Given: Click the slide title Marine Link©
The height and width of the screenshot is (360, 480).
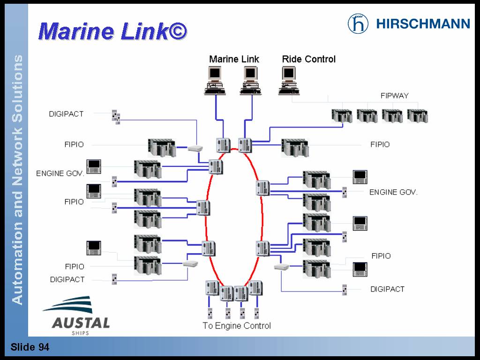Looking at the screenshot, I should [113, 31].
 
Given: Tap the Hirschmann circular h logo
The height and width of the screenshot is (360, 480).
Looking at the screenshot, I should [358, 23].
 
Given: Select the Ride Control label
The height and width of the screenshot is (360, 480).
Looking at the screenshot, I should [308, 59].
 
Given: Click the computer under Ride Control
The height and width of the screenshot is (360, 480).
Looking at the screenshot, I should [289, 80].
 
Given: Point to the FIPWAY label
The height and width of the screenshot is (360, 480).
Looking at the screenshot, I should [394, 96].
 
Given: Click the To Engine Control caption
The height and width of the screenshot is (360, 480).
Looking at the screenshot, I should [236, 325].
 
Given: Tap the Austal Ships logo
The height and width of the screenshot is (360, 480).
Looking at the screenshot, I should [76, 315].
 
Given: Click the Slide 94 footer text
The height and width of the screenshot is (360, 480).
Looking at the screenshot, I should [30, 347].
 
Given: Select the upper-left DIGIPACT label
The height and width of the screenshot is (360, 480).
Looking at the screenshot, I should [66, 114].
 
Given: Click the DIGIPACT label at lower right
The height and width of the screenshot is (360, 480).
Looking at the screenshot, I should [387, 289].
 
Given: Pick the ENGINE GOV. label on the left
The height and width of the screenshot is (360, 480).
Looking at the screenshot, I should [60, 173].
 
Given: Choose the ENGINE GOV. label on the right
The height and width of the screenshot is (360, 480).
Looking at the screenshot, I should [393, 192].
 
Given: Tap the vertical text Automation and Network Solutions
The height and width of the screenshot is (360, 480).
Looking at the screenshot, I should [17, 180].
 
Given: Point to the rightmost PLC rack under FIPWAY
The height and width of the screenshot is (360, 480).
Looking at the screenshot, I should [417, 116].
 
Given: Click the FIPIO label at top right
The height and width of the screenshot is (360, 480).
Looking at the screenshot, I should [380, 144].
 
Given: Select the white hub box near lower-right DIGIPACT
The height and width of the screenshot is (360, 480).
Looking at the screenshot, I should [281, 267].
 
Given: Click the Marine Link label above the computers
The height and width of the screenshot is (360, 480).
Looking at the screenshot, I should [234, 59].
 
